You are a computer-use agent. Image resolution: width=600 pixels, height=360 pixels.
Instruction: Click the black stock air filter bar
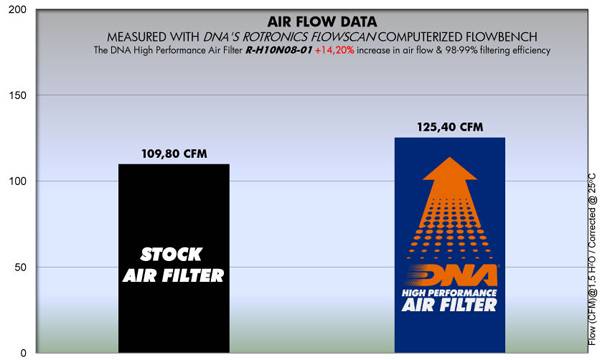173,300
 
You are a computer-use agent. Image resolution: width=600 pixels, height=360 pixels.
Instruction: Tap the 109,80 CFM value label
173,155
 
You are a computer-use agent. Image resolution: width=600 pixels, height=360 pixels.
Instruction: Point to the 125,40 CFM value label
449,127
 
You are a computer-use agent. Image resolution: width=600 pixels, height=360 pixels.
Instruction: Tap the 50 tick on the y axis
18,267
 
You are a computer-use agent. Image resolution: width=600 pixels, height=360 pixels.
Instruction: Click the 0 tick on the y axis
21,352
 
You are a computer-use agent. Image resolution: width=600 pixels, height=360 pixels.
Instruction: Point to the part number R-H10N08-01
281,49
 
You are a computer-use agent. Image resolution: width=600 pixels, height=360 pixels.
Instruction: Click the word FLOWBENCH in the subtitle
483,34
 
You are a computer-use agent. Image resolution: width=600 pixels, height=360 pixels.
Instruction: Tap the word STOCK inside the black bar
173,253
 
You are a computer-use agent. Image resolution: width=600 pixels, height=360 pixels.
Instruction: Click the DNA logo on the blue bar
449,281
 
